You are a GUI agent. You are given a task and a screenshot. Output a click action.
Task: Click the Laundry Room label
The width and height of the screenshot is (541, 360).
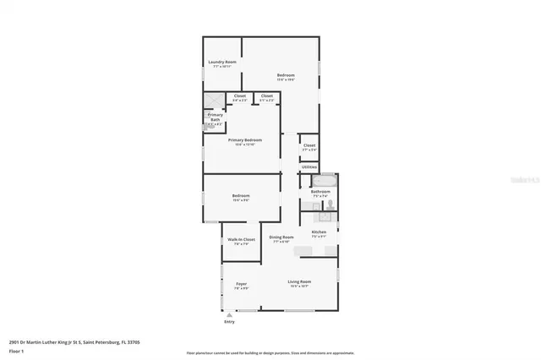(222, 63)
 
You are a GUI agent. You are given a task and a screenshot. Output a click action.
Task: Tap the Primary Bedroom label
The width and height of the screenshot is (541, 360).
(241, 140)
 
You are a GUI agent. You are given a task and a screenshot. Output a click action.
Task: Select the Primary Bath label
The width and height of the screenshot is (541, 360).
(215, 117)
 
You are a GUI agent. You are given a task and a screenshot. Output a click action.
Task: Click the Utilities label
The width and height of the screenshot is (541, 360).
(309, 166)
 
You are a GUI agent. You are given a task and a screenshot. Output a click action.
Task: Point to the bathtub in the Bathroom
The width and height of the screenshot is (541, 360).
(325, 180)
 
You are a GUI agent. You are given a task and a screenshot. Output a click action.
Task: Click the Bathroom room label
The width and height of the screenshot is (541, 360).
(320, 193)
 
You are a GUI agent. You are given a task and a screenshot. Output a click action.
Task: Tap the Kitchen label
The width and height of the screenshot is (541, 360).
(319, 232)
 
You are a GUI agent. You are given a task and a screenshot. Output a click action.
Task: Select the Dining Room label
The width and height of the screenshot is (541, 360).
(281, 238)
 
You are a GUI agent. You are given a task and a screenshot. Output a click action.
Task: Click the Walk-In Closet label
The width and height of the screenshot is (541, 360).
(241, 241)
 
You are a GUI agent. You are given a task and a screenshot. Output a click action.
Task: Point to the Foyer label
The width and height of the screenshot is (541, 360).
(241, 283)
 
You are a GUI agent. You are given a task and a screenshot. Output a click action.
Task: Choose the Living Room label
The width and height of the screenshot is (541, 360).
(299, 282)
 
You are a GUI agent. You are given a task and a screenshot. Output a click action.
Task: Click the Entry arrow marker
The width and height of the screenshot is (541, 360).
(229, 315)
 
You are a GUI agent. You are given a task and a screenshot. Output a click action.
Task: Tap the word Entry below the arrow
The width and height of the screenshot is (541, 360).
(229, 322)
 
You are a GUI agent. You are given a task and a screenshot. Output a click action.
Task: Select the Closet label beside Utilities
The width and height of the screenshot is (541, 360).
(309, 146)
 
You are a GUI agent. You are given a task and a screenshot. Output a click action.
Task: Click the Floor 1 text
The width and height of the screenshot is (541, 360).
(17, 350)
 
